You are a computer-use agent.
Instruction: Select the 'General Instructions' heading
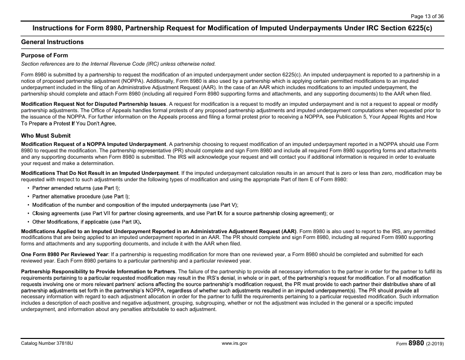pyautogui.click(x=52, y=42)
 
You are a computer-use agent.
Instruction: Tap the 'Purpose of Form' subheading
pyautogui.click(x=45, y=55)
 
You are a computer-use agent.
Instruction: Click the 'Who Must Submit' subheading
pyautogui.click(x=46, y=136)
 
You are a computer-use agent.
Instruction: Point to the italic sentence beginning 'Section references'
pyautogui.click(x=118, y=64)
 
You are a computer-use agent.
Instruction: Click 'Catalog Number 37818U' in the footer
pyautogui.click(x=47, y=343)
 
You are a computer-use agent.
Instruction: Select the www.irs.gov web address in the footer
pyautogui.click(x=234, y=343)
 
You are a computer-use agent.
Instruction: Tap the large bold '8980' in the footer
pyautogui.click(x=416, y=343)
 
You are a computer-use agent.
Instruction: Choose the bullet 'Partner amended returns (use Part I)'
pyautogui.click(x=76, y=188)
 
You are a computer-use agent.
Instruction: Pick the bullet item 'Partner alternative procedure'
pyautogui.click(x=78, y=196)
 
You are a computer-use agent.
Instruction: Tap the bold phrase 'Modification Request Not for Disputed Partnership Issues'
pyautogui.click(x=94, y=104)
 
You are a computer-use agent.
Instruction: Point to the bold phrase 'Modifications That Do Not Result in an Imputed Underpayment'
pyautogui.click(x=100, y=173)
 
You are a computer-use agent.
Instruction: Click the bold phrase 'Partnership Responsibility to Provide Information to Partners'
pyautogui.click(x=98, y=271)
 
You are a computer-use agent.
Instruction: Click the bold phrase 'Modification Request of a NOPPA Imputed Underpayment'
pyautogui.click(x=93, y=144)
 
